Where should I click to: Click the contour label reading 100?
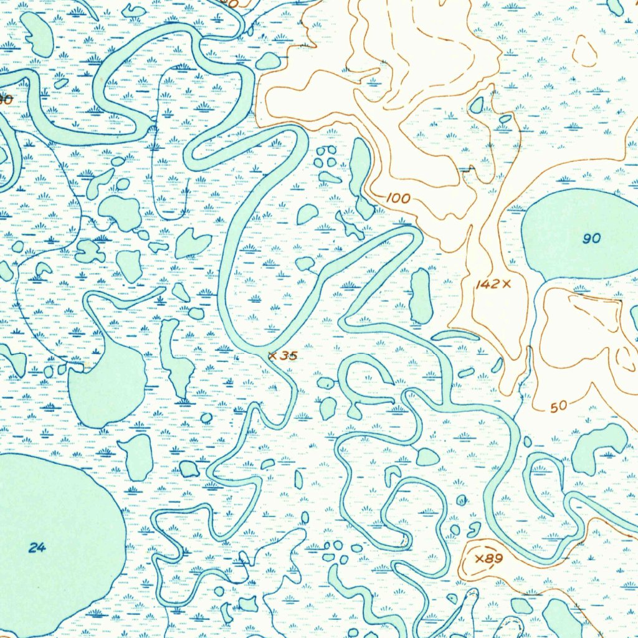point(398,199)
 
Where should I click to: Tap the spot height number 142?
point(487,285)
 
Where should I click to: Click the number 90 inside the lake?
point(592,239)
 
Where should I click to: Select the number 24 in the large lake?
point(37,548)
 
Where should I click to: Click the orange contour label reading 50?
point(559,407)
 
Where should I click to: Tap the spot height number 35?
point(288,356)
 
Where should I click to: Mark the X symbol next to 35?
point(272,356)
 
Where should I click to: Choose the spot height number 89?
point(493,558)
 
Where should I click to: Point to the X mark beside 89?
point(479,558)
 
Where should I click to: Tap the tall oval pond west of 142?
point(421,296)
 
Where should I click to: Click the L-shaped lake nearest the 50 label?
point(598,445)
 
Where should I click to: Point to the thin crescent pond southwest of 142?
point(455,335)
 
